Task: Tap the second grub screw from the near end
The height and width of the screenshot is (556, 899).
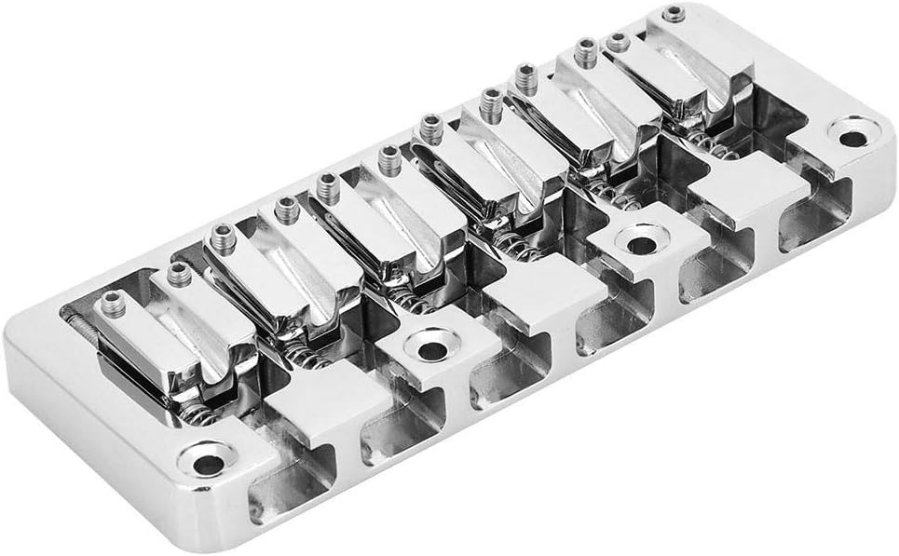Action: [176, 274]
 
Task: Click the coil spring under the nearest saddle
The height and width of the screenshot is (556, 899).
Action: [201, 414]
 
